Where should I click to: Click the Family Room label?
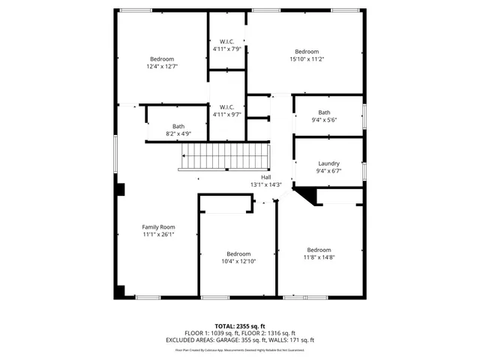pos(158,226)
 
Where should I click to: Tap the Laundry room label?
pos(328,163)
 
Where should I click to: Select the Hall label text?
pos(265,177)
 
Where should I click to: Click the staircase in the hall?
pos(225,158)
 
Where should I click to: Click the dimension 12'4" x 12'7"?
pos(162,67)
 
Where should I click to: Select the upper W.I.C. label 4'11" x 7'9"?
pos(226,49)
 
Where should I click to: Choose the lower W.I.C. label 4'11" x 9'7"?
pos(226,115)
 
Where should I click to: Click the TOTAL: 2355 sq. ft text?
pos(240,326)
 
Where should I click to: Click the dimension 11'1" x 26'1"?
pos(158,234)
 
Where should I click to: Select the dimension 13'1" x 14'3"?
pos(265,184)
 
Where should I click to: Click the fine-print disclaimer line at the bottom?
pos(240,349)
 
